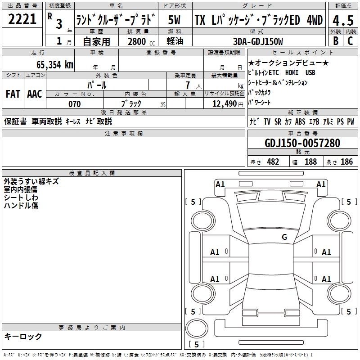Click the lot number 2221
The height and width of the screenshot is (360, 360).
[22, 19]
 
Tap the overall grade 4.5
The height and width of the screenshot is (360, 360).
[343, 21]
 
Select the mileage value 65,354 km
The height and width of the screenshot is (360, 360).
[55, 65]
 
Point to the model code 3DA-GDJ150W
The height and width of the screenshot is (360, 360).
[258, 41]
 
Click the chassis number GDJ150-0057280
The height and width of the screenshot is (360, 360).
[302, 143]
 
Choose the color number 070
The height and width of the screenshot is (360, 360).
[75, 104]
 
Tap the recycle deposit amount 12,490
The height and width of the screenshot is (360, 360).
[225, 104]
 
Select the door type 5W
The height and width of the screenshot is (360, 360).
[174, 20]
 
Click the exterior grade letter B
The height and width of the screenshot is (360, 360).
[336, 41]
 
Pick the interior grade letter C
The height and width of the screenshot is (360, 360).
[350, 41]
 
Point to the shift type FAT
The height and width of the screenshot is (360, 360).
[13, 94]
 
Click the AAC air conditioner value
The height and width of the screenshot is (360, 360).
[35, 94]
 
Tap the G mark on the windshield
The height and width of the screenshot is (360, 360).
[284, 237]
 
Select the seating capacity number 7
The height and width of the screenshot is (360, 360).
[188, 85]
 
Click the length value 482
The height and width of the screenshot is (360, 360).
[273, 162]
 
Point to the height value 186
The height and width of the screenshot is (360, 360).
[346, 162]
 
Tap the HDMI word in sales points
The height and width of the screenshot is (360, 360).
[292, 72]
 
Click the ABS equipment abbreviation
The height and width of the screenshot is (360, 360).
[300, 121]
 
